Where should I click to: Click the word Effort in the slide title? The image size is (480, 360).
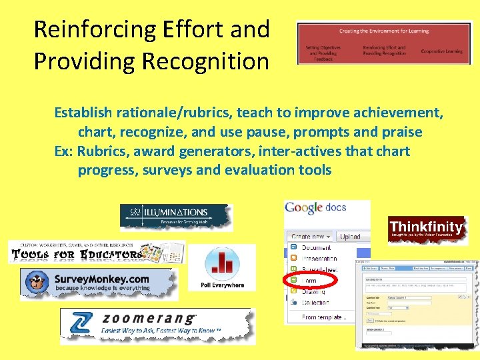point(189,29)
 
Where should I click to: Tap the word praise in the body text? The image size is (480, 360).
point(401,133)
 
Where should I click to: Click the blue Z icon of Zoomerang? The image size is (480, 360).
point(79,324)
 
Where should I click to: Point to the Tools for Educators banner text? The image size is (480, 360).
point(77,254)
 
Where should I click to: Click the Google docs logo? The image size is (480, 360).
point(315,207)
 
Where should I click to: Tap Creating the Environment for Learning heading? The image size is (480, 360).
point(383,31)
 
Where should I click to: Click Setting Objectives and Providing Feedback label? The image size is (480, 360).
point(323,53)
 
